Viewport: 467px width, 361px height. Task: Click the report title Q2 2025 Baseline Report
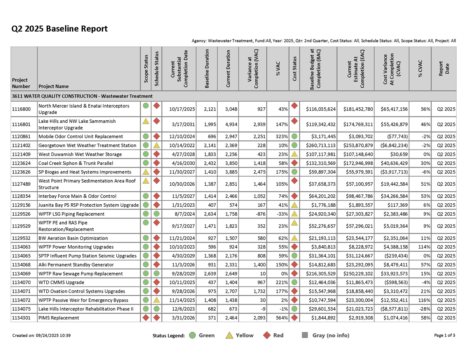59,29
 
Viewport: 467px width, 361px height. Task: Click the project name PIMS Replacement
59,318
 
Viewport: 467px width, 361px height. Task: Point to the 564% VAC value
280,318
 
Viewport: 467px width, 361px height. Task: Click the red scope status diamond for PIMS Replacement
146,317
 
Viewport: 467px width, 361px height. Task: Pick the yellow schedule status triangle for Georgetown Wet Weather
156,145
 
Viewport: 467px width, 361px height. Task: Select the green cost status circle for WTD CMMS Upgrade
294,282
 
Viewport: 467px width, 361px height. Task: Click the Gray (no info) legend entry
326,335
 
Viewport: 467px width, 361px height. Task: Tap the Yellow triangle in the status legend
229,335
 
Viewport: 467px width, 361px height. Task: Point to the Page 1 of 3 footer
444,335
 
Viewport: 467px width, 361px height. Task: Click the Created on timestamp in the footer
41,335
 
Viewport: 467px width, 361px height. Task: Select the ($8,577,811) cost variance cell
391,309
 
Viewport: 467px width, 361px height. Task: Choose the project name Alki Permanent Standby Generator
76,265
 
